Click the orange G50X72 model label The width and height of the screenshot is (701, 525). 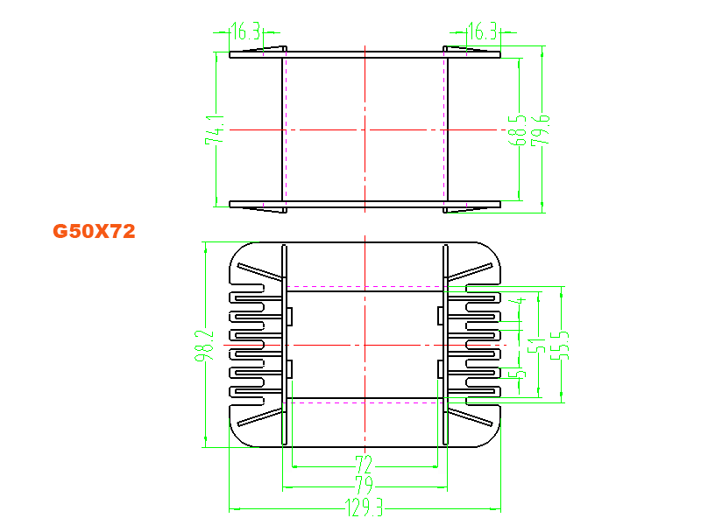click(94, 231)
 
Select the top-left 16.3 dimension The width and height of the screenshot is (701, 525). click(246, 31)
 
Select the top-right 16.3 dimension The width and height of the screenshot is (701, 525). click(483, 31)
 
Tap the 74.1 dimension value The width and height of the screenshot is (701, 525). click(215, 129)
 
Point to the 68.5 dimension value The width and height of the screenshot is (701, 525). click(517, 129)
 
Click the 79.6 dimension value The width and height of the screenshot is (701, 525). click(540, 129)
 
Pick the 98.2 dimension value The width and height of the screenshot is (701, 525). click(204, 345)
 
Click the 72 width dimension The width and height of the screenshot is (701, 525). click(364, 465)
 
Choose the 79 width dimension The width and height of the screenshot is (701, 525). click(364, 485)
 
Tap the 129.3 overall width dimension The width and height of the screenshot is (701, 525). click(364, 507)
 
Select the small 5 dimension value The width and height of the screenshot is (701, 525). click(519, 374)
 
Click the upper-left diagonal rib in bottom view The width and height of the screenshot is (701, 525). click(260, 271)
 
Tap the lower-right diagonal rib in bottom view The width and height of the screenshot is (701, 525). click(471, 417)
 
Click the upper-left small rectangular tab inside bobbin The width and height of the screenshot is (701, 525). click(290, 316)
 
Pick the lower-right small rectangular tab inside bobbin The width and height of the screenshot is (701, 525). click(441, 369)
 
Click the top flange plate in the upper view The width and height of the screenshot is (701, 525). click(365, 55)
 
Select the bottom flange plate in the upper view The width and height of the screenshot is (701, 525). click(365, 204)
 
